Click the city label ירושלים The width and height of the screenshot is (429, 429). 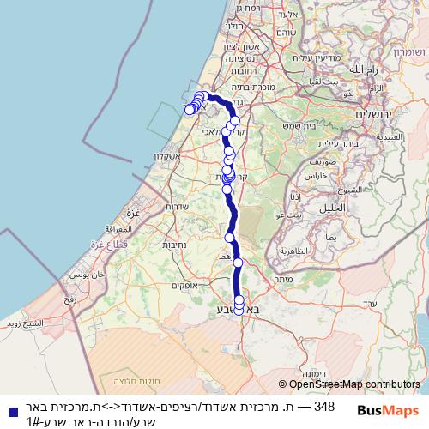tap(375, 116)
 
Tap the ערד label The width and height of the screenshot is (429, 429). tap(370, 304)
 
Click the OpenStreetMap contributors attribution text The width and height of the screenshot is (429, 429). tap(349, 385)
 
